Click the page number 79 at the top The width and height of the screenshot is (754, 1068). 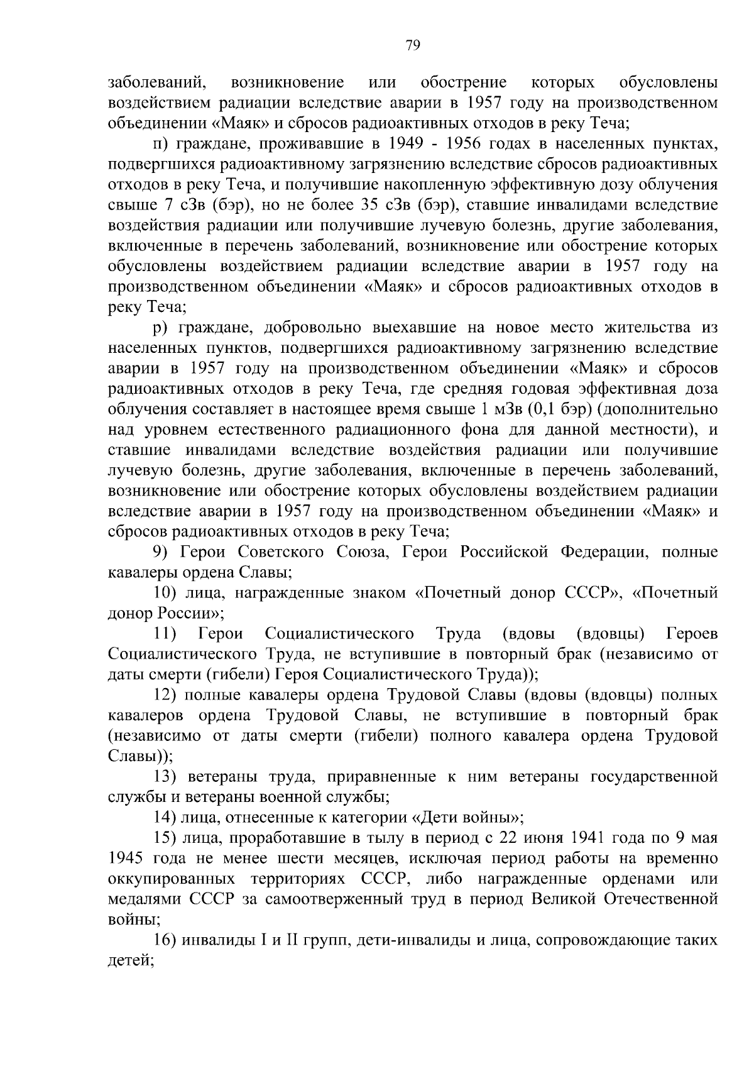413,45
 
